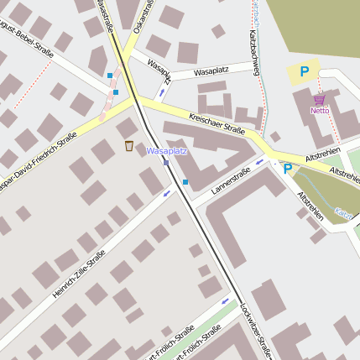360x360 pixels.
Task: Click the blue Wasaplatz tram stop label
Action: pos(166,151)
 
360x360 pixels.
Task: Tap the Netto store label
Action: pos(320,110)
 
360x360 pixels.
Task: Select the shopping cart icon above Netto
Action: pos(319,99)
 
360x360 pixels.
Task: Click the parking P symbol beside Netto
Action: pos(304,72)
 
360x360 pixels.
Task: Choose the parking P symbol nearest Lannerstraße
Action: pos(287,169)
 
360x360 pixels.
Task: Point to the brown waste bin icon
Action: pos(128,146)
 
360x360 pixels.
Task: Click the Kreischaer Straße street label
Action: pos(217,123)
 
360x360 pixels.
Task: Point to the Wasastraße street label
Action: pos(105,12)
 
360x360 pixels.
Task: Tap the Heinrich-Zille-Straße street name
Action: pos(79,274)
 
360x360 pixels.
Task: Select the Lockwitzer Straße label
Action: pos(255,330)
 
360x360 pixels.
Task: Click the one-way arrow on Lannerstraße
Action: pos(259,162)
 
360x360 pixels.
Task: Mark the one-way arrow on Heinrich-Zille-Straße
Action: pos(166,194)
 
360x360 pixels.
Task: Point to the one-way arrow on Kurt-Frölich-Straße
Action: pos(225,300)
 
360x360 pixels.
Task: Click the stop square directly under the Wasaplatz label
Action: pos(166,162)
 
